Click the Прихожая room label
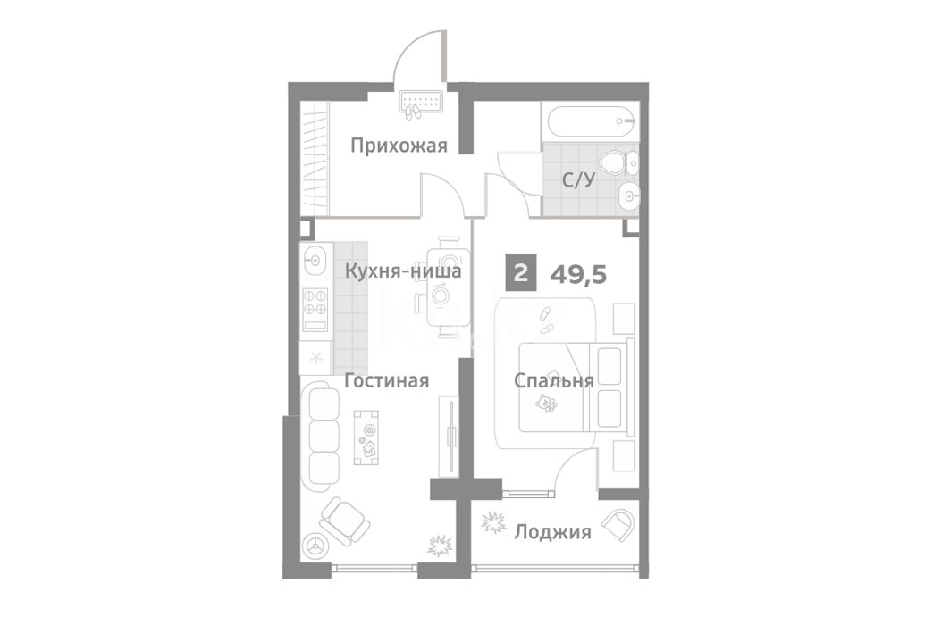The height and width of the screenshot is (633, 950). point(399,146)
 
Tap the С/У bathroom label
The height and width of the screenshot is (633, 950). point(578,180)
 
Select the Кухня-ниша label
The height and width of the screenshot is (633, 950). point(403,271)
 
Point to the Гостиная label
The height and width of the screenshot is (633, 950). point(387,380)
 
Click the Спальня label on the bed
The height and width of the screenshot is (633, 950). point(554,381)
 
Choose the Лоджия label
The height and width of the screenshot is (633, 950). point(552,532)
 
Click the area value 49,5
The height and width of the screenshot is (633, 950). point(578,275)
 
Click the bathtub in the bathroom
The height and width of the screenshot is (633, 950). point(591,122)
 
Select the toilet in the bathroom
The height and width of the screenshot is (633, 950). point(612,162)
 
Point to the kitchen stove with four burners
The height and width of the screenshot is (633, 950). point(315,309)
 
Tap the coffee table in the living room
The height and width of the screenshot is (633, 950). point(367,437)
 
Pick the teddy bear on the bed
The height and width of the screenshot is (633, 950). point(548,404)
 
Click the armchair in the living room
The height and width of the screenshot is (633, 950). point(345,520)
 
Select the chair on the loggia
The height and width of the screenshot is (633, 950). point(619,524)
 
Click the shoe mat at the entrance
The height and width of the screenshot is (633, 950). point(421,103)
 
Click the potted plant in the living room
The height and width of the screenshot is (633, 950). point(441,545)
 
